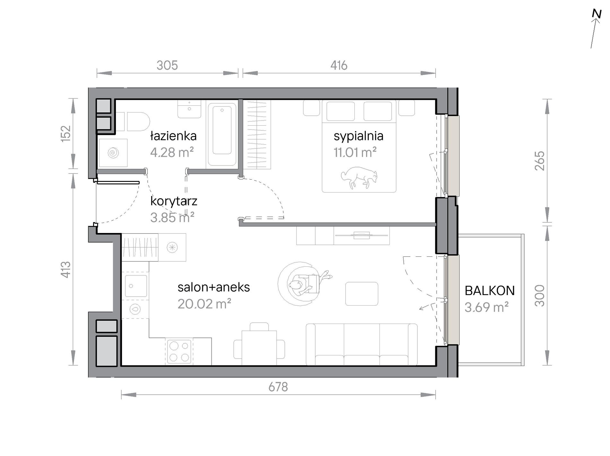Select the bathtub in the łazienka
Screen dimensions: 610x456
pyautogui.click(x=222, y=134)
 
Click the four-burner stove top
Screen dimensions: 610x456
pyautogui.click(x=179, y=352)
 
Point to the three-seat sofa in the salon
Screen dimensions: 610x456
pyautogui.click(x=362, y=344)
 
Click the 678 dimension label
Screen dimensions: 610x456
pyautogui.click(x=278, y=387)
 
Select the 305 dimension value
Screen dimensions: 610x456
pyautogui.click(x=167, y=65)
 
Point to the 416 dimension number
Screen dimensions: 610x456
pyautogui.click(x=339, y=65)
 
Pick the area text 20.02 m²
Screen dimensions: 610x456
pyautogui.click(x=205, y=304)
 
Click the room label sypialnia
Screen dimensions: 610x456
pyautogui.click(x=358, y=136)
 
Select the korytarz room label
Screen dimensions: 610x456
pyautogui.click(x=174, y=201)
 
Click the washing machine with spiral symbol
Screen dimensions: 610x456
pyautogui.click(x=113, y=153)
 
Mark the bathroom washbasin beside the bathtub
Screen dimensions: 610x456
pyautogui.click(x=190, y=109)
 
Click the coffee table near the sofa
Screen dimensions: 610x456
pyautogui.click(x=362, y=294)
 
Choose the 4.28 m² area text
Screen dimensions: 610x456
pyautogui.click(x=172, y=152)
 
